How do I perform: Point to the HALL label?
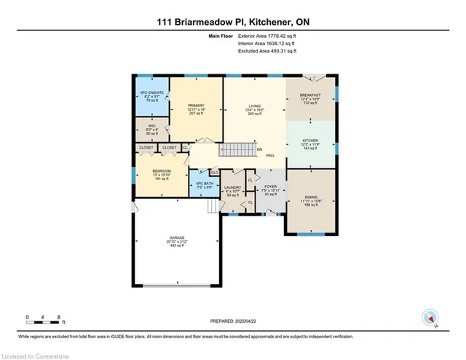(x=269, y=154)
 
